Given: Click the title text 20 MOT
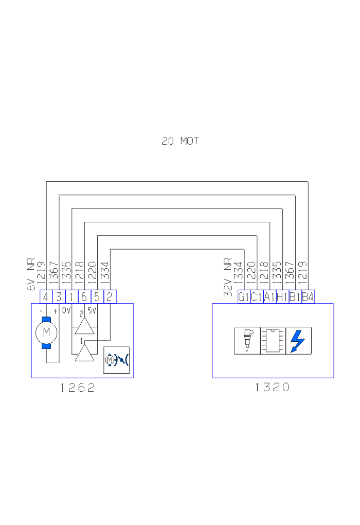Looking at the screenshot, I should pos(180,141).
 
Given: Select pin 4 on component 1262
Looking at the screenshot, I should pos(46,297).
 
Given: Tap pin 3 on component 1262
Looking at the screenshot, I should pos(59,297).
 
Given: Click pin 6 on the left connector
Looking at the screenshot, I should pos(84,297).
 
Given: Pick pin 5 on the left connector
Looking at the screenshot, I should pos(97,297).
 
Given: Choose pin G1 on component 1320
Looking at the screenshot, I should pos(244,297).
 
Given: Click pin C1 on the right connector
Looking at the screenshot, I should pos(257,297).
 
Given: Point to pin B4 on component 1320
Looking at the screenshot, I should pos(308,297).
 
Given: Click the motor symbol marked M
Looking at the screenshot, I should pos(46,332).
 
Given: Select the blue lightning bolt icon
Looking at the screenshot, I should pos(298,340).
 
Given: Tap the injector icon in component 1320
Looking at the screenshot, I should pos(247,340).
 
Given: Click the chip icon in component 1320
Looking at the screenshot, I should pos(273,340).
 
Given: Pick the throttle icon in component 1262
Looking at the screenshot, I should pos(116,359).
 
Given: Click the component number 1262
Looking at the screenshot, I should pos(78,388).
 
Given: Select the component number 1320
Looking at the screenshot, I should pos(273,388).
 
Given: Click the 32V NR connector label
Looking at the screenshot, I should pos(228,277).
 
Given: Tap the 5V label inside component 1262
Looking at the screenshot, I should pos(92,311).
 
